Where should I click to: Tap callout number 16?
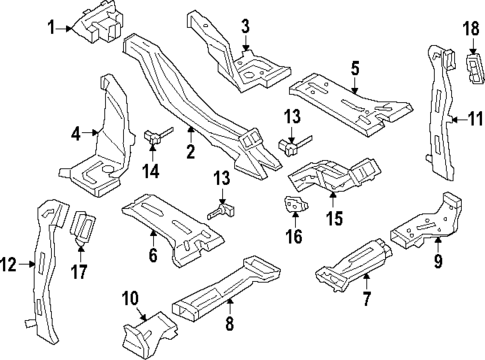tap(293, 237)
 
